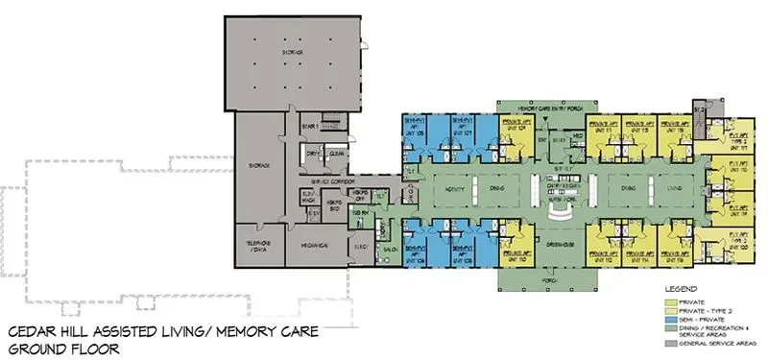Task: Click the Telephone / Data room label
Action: coord(255,246)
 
